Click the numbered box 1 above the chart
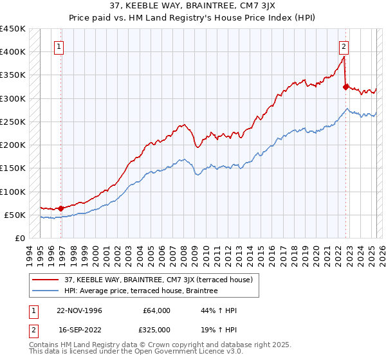tap(59, 46)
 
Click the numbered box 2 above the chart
tap(344, 46)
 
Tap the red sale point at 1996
tap(61, 208)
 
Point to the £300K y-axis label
tap(12, 98)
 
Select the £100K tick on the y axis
tap(12, 192)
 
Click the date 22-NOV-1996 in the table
tap(79, 310)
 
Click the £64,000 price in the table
tap(157, 310)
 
